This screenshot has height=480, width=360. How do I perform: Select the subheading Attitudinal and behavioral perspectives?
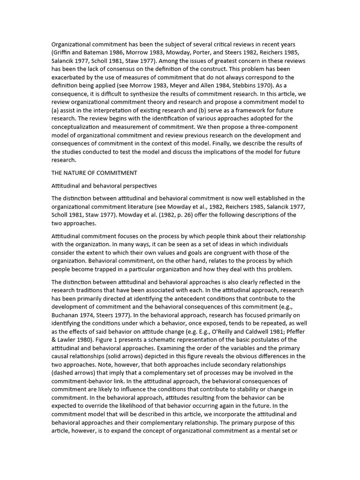pos(104,186)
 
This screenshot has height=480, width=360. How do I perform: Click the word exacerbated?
pos(71,77)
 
